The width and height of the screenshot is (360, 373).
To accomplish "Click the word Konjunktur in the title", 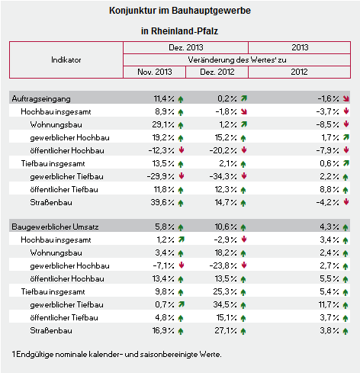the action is [x=133, y=11].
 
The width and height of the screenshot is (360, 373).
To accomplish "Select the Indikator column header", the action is [x=66, y=59].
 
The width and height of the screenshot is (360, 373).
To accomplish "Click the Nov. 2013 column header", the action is [x=155, y=72].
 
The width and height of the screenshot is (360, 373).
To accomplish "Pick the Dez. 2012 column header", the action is [x=217, y=72].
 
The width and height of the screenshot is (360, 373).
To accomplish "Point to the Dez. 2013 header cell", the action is [x=186, y=47].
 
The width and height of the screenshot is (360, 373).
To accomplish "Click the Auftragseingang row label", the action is [x=41, y=99].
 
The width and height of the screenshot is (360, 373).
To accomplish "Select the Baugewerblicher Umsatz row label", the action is [x=55, y=227].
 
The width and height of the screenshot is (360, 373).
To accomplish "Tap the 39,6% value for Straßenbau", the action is [x=162, y=202].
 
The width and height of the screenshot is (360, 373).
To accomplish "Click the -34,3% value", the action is [x=223, y=176].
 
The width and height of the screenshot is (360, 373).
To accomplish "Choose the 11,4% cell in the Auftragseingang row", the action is [x=164, y=98].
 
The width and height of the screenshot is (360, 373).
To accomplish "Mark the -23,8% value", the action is [x=223, y=265].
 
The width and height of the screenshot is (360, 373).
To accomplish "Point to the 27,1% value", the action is [x=226, y=330].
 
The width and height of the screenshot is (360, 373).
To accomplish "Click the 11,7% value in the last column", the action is [x=329, y=304].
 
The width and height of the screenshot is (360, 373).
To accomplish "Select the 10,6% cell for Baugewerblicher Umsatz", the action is [x=226, y=227].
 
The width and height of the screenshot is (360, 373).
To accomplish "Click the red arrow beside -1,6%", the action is [x=346, y=98].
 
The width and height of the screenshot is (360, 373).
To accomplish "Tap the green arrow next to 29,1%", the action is [x=181, y=125].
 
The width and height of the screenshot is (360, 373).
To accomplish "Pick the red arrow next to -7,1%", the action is [x=182, y=265].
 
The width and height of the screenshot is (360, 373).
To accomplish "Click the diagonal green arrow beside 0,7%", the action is [x=182, y=304].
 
